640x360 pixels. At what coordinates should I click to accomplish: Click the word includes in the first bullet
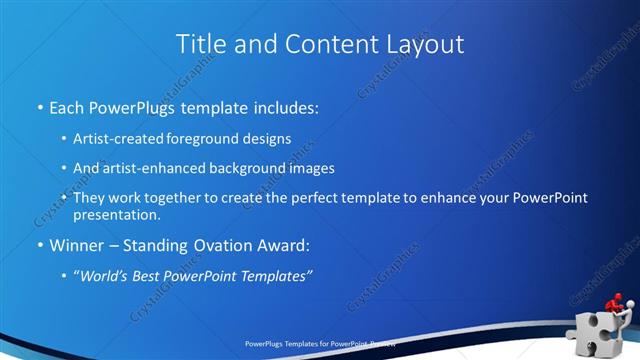(x=284, y=106)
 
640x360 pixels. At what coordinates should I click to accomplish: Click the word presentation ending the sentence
(x=116, y=214)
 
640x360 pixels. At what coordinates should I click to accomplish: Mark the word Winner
(x=76, y=245)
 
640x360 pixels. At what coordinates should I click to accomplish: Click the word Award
(x=284, y=245)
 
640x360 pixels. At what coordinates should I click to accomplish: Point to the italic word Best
(x=155, y=275)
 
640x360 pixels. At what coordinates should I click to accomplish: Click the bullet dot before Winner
(x=40, y=245)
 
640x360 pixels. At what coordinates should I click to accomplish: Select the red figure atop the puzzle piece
(x=616, y=303)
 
